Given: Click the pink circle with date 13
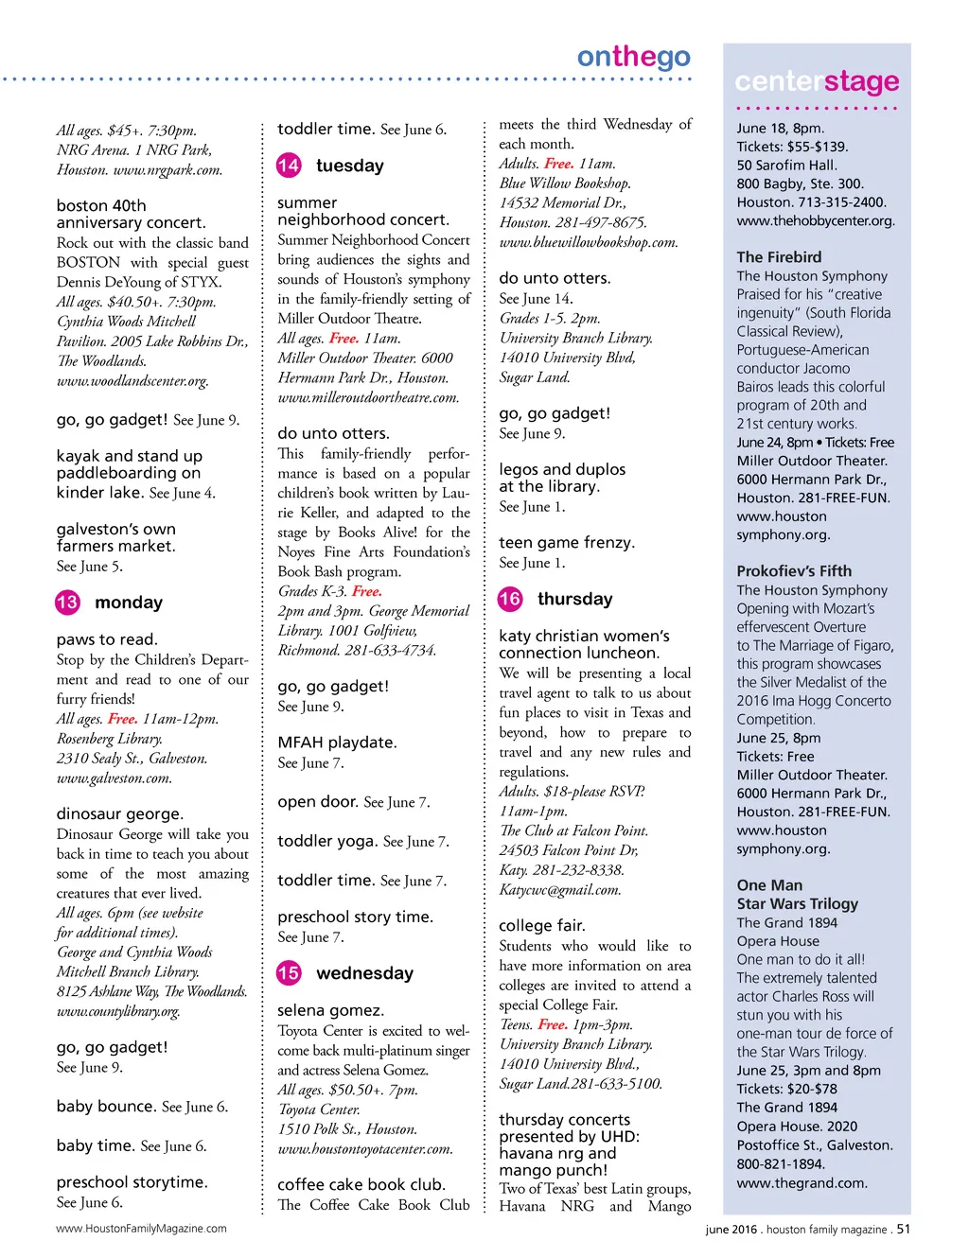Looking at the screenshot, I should (x=67, y=603).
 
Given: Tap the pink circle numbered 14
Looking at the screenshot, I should (x=289, y=166).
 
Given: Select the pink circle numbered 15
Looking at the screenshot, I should (x=289, y=973).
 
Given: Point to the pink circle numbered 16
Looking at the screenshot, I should (x=510, y=599).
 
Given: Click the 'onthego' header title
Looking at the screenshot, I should (x=633, y=58).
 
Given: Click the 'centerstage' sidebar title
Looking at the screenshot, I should (x=817, y=81).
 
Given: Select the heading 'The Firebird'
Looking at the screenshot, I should (x=779, y=257).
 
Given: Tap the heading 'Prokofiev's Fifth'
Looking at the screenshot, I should (x=794, y=571).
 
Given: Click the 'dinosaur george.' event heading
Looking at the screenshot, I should (x=120, y=813).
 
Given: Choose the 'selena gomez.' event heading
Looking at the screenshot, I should (x=330, y=1010).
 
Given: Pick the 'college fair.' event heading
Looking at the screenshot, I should (x=542, y=925).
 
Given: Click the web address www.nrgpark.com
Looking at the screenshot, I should (x=167, y=170).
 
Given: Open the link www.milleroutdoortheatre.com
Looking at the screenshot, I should (x=368, y=398).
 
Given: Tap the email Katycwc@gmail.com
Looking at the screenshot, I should (x=560, y=890).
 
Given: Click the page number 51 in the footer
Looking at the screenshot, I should (x=904, y=1230).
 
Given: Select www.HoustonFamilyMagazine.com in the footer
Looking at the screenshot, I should (x=141, y=1229).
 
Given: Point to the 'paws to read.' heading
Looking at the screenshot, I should (x=107, y=639).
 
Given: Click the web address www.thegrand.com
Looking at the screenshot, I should (x=802, y=1182).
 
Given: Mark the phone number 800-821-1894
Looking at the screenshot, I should (x=781, y=1164).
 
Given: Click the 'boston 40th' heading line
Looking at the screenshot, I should (x=101, y=205).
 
